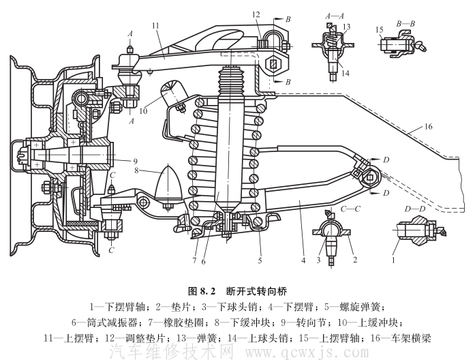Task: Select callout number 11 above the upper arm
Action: coord(155,26)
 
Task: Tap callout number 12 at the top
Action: coord(256,14)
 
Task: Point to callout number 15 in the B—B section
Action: coord(379,29)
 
